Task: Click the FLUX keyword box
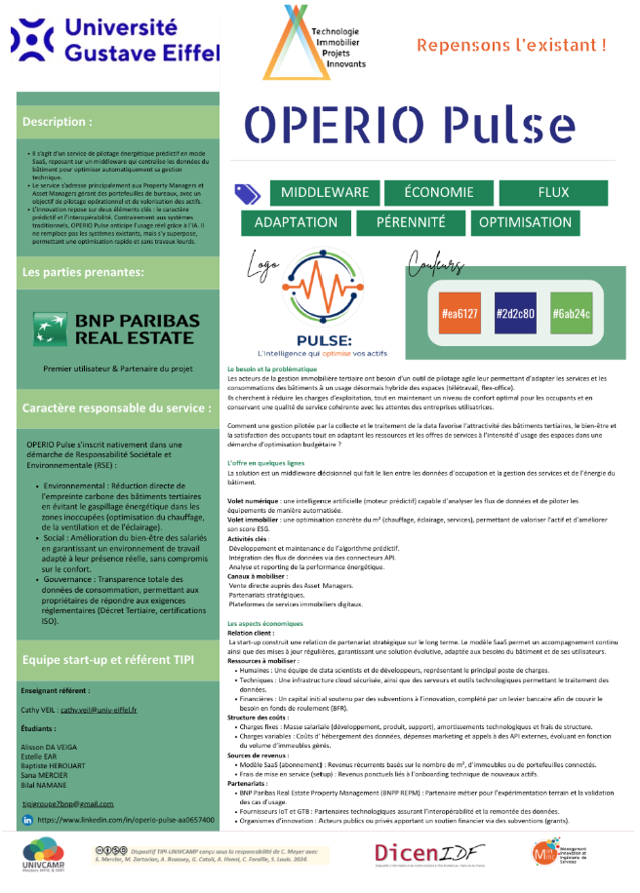click(x=552, y=193)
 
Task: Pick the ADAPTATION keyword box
click(x=296, y=222)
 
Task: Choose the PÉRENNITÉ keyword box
click(x=410, y=222)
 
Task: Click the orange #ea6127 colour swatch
click(x=460, y=314)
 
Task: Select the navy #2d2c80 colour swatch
click(x=514, y=314)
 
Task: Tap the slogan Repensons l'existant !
click(x=511, y=45)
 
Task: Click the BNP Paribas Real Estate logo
click(x=116, y=330)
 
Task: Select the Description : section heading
click(x=59, y=122)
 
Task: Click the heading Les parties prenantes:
click(x=83, y=272)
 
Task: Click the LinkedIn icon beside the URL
click(x=27, y=821)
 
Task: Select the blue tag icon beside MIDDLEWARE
click(x=246, y=194)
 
